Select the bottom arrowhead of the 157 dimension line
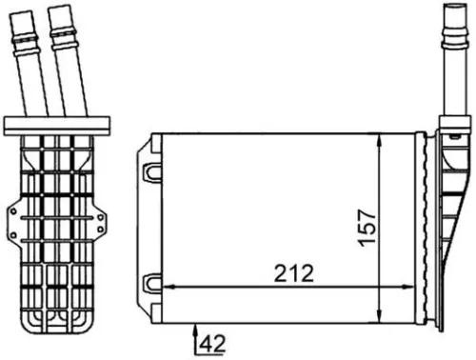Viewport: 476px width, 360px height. tap(380, 317)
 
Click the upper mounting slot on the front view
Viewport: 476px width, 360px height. tap(150, 172)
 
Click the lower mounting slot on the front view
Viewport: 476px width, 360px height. tap(150, 283)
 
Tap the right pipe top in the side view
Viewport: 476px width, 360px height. tap(65, 11)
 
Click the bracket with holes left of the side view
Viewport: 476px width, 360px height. tap(13, 225)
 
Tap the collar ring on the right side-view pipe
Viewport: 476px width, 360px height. tap(64, 41)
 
